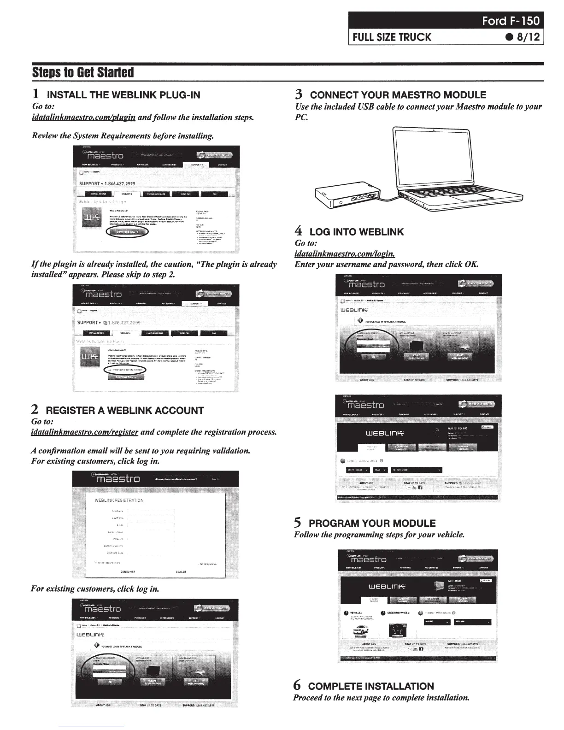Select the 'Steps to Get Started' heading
[83, 73]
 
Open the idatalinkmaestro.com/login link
[345, 253]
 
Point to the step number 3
[299, 95]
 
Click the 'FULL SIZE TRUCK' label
[392, 37]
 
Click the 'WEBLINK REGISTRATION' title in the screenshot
[119, 500]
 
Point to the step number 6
[298, 686]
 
